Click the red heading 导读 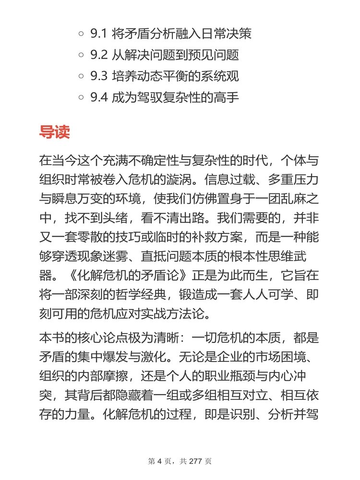pos(54,132)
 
